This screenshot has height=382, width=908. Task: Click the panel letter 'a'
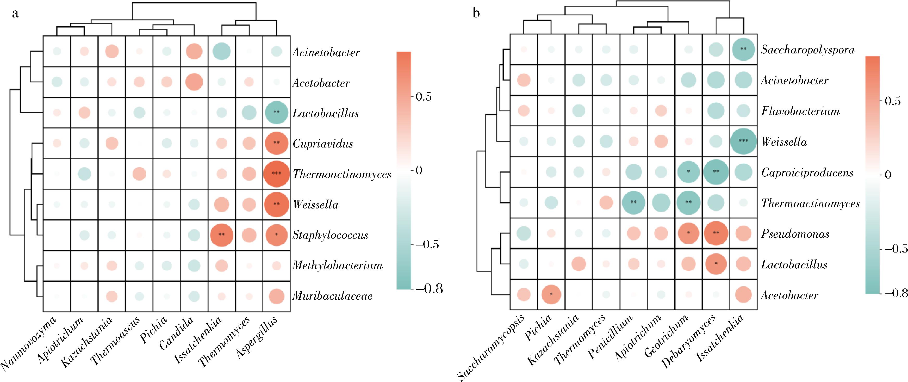tap(15, 14)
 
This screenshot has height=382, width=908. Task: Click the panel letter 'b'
tap(476, 14)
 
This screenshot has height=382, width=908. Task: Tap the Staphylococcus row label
tap(330, 235)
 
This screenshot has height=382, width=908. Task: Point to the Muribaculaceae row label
tap(332, 296)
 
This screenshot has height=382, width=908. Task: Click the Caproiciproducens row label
tap(807, 172)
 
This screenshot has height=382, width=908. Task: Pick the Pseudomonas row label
tap(795, 234)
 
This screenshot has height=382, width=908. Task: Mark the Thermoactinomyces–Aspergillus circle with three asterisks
tap(277, 174)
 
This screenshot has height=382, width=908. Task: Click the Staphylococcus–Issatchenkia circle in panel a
tap(221, 235)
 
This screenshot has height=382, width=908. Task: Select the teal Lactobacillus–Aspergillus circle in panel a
tap(277, 113)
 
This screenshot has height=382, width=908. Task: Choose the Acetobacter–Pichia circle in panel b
tap(551, 294)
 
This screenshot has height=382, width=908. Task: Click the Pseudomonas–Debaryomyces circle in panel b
tap(716, 233)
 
